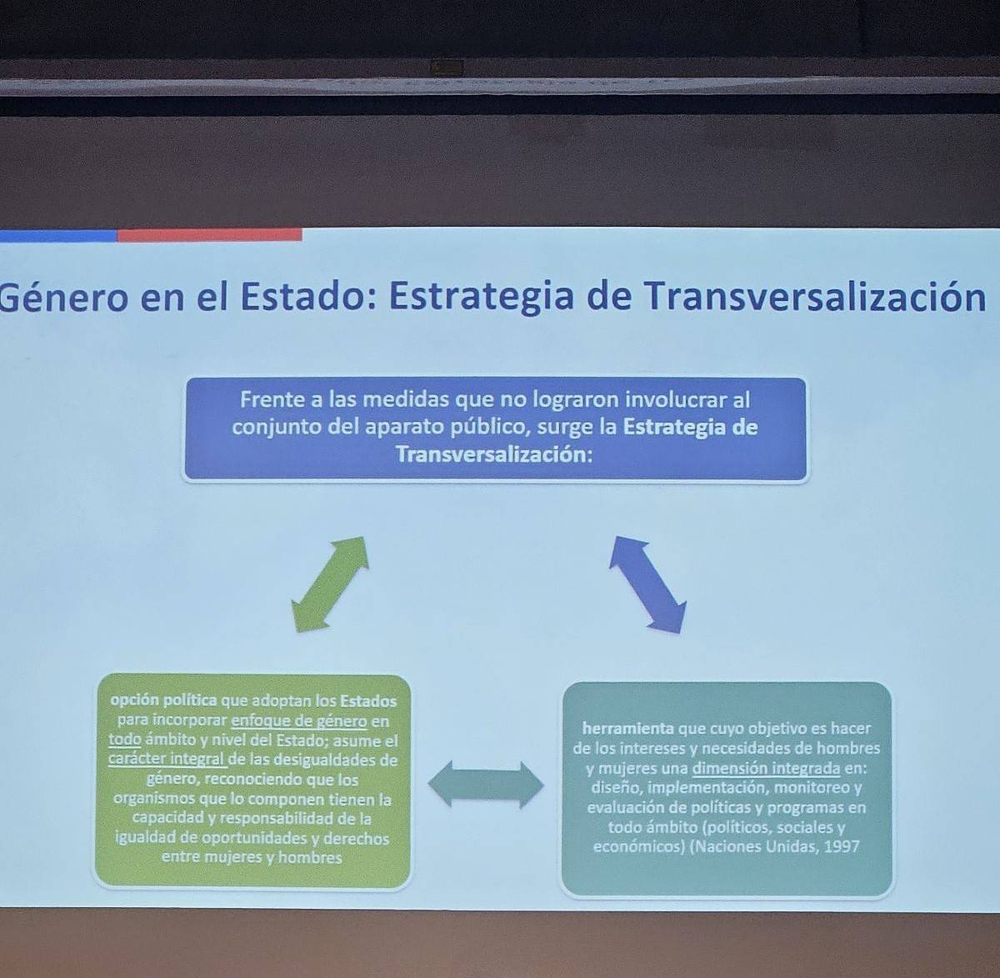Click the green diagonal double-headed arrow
[x=330, y=584]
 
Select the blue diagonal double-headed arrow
[x=647, y=584]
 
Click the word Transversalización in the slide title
[x=814, y=297]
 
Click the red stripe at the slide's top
[x=210, y=235]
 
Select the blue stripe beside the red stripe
[x=58, y=236]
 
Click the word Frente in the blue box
[x=271, y=399]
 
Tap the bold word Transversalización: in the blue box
[x=494, y=454]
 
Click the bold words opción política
[x=164, y=701]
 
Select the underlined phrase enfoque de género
[x=299, y=721]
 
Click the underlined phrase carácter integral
[x=167, y=759]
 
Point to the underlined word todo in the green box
[x=125, y=740]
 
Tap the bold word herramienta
[x=627, y=728]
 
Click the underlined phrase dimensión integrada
[x=766, y=768]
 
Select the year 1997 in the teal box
[x=842, y=846]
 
